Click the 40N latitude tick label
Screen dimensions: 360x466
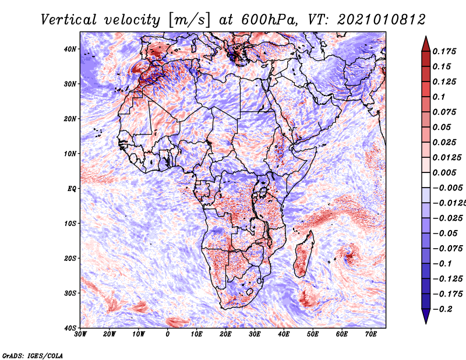pyautogui.click(x=70, y=49)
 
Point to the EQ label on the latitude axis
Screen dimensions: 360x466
pyautogui.click(x=71, y=189)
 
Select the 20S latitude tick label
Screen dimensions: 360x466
pyautogui.click(x=70, y=258)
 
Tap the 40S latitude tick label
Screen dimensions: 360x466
pyautogui.click(x=70, y=328)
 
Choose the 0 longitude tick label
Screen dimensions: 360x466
pyautogui.click(x=168, y=334)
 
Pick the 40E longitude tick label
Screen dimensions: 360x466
pyautogui.click(x=284, y=334)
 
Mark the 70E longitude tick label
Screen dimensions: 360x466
pyautogui.click(x=370, y=334)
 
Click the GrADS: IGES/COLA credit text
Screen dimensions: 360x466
pyautogui.click(x=33, y=355)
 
